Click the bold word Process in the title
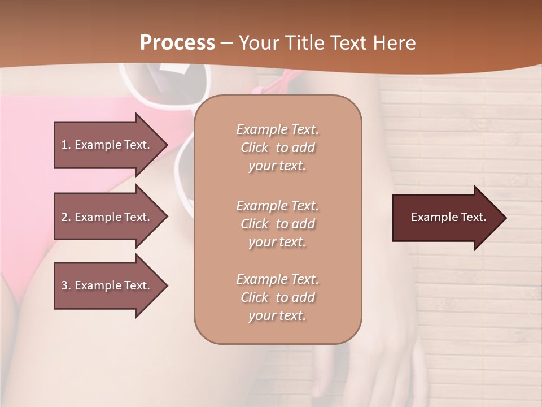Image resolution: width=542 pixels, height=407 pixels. point(177,42)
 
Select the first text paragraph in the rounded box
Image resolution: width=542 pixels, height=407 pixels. point(277,148)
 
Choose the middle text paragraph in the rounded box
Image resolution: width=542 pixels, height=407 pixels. point(277,224)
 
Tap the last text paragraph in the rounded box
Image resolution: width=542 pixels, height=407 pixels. point(277,297)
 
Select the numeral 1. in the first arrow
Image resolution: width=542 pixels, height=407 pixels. point(65,145)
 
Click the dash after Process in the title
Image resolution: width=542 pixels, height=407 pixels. point(226,43)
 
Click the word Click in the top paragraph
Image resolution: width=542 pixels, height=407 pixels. point(254,148)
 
